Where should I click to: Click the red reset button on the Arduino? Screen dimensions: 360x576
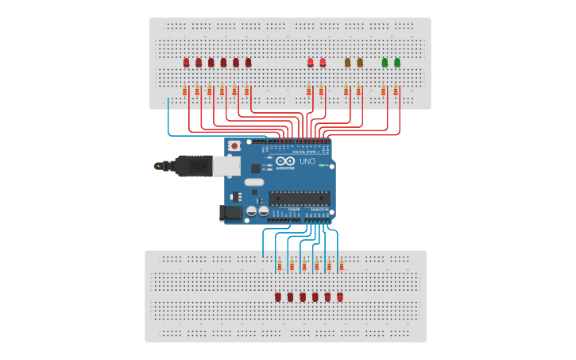234,146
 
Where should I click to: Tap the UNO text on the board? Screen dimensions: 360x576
306,161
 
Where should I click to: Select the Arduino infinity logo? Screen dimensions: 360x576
285,161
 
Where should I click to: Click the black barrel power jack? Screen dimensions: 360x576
230,212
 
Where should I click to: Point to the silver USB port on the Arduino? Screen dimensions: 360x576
226,165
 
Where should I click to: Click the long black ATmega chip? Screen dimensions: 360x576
299,199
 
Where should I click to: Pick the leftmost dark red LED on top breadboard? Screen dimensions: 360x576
186,62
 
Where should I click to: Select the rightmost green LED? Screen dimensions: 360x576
397,62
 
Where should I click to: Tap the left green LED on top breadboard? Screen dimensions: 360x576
385,62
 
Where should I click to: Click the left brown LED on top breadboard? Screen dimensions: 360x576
347,62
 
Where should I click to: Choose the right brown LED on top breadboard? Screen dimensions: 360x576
360,62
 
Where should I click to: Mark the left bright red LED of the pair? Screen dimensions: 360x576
310,62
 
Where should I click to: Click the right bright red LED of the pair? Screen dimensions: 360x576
323,62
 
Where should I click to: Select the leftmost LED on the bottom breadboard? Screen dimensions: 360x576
278,296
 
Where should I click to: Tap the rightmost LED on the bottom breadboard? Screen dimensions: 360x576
340,296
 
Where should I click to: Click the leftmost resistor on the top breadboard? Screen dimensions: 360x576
184,90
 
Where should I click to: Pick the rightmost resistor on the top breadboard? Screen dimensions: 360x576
396,90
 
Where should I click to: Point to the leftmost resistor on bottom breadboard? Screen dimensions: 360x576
279,265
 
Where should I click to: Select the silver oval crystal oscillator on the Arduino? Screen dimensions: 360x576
254,182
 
